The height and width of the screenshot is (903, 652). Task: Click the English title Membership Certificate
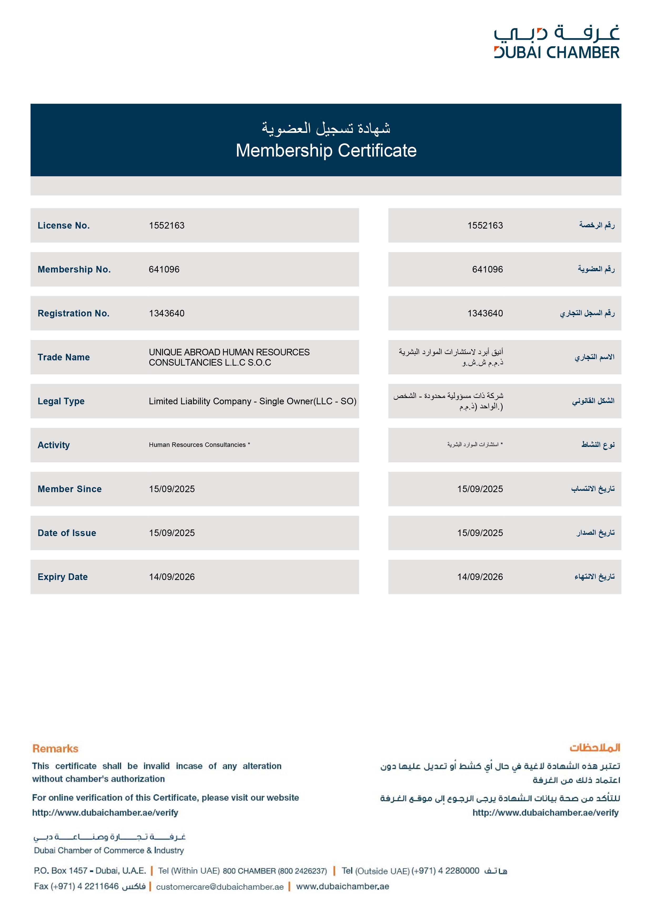pyautogui.click(x=326, y=150)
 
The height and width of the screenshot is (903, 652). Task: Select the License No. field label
pyautogui.click(x=64, y=225)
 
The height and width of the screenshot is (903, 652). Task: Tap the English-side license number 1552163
pyautogui.click(x=167, y=225)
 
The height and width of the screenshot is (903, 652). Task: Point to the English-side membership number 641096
pyautogui.click(x=164, y=269)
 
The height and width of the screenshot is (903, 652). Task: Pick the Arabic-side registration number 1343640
pyautogui.click(x=485, y=313)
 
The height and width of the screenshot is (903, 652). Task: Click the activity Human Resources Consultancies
pyautogui.click(x=198, y=445)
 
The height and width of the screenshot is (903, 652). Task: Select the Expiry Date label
pyautogui.click(x=63, y=577)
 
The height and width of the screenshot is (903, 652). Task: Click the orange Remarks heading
pyautogui.click(x=55, y=749)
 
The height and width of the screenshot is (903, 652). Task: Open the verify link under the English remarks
pyautogui.click(x=105, y=813)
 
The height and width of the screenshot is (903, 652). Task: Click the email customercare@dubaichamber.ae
pyautogui.click(x=220, y=887)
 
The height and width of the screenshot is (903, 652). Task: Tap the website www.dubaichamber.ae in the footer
pyautogui.click(x=342, y=886)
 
